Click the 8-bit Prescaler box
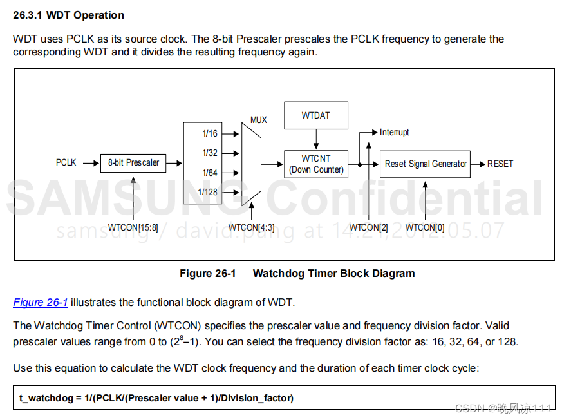pyautogui.click(x=133, y=163)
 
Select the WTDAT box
pyautogui.click(x=315, y=115)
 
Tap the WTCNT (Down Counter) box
pyautogui.click(x=316, y=164)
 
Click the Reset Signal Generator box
pyautogui.click(x=426, y=164)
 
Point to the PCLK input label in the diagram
pyautogui.click(x=66, y=163)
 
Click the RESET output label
pyautogui.click(x=500, y=164)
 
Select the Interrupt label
pyautogui.click(x=394, y=132)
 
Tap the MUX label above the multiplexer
pyautogui.click(x=258, y=120)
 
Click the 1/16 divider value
pyautogui.click(x=210, y=134)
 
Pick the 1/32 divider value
pyautogui.click(x=210, y=153)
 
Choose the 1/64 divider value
pyautogui.click(x=210, y=173)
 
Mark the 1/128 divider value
pyautogui.click(x=208, y=192)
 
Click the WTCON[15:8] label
pyautogui.click(x=133, y=227)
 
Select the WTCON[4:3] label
pyautogui.click(x=251, y=227)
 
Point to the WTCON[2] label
pyautogui.click(x=368, y=227)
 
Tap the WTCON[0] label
pyautogui.click(x=425, y=227)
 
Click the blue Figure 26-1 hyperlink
pyautogui.click(x=41, y=302)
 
